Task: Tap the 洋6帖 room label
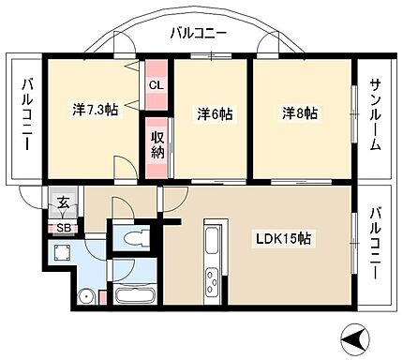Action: tap(215, 113)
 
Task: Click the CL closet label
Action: tap(156, 83)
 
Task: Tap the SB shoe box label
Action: tap(64, 227)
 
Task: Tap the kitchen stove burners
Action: tap(212, 281)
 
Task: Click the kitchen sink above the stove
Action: tap(212, 242)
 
